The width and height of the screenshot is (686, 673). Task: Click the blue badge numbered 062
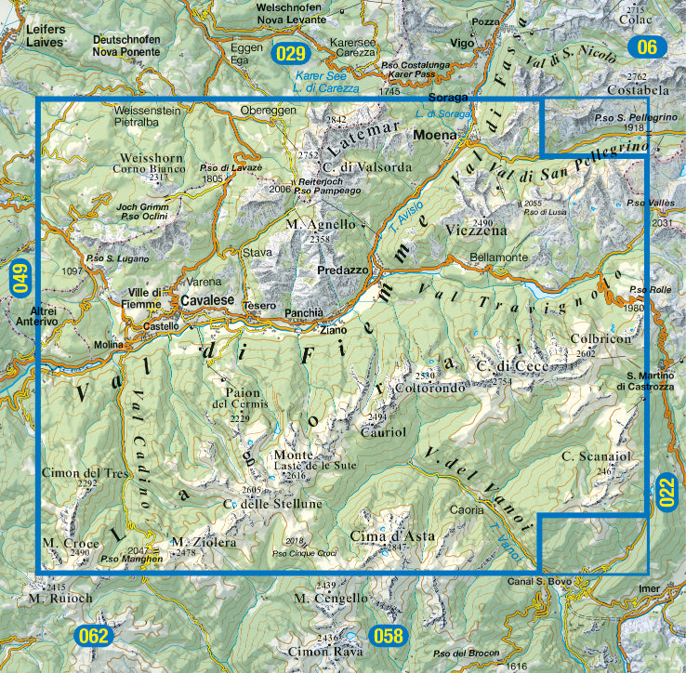coord(94,637)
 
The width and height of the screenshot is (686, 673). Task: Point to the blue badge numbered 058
coord(389,637)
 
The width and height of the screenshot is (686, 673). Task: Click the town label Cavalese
coord(206,301)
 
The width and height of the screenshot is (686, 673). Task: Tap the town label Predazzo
coord(343,270)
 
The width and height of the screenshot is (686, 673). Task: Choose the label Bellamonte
coord(498,256)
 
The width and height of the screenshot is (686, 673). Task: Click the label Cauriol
coord(383,432)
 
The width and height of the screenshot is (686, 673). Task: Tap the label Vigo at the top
coord(463,43)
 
